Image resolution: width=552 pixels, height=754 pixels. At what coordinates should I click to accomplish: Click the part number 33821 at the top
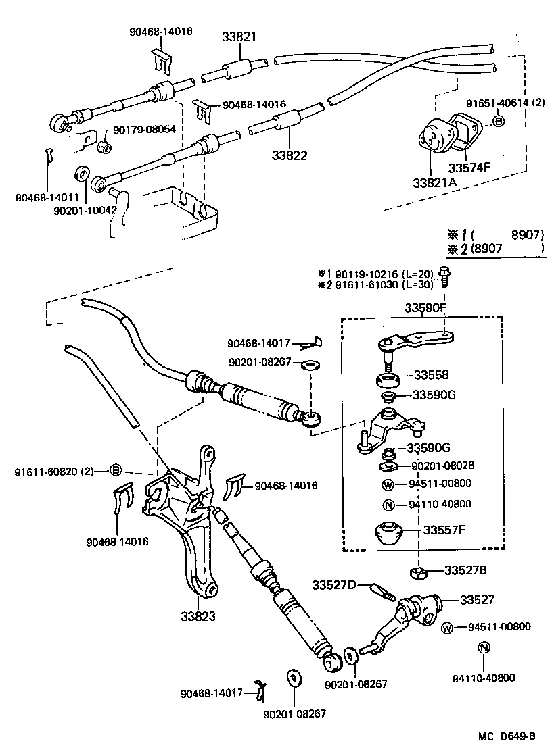pos(239,38)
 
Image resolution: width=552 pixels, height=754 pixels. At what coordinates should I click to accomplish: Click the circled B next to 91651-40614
pos(499,122)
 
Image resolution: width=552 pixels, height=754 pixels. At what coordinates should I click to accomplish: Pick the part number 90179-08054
pos(144,130)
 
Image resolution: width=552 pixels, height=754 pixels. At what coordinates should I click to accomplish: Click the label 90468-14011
pos(47,197)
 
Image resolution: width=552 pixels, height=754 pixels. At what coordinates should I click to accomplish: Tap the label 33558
pos(432,375)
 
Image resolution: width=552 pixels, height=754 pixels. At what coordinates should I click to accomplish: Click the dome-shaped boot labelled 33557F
pos(390,534)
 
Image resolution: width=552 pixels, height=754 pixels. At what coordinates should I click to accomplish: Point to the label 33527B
pos(465,570)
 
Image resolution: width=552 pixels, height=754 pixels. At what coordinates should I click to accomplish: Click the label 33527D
pos(333,584)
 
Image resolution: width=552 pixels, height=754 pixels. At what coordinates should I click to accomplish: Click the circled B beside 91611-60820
pos(115,470)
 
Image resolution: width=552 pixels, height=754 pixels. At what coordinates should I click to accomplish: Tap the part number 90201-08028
pos(441,466)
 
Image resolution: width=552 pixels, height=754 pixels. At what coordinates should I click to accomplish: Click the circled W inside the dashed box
pos(388,484)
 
